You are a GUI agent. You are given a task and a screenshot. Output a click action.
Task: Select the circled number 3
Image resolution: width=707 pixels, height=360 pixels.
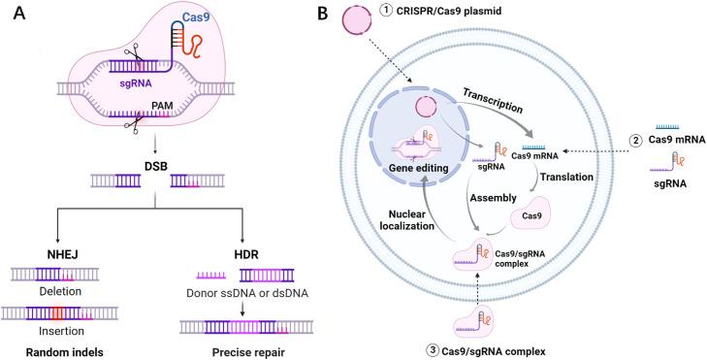[420, 349]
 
